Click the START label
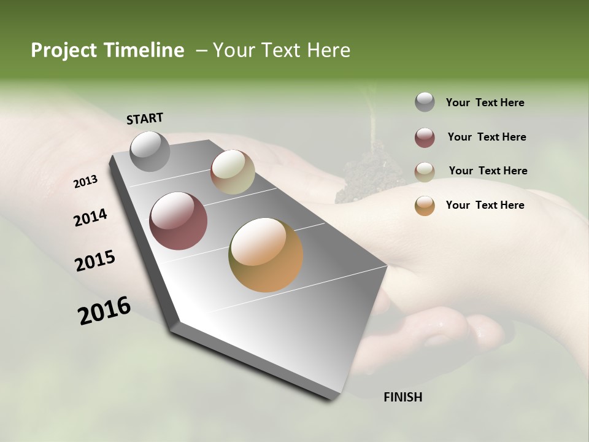145,118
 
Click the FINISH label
402,397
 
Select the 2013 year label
85,182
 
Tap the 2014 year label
90,218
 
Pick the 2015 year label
95,261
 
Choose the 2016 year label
104,311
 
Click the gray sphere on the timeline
150,152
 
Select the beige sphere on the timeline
233,172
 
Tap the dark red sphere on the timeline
179,221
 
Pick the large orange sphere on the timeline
266,255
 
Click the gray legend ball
425,103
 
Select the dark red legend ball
425,138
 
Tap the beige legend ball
425,172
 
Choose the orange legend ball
425,206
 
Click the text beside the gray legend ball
485,103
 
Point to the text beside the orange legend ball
485,205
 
